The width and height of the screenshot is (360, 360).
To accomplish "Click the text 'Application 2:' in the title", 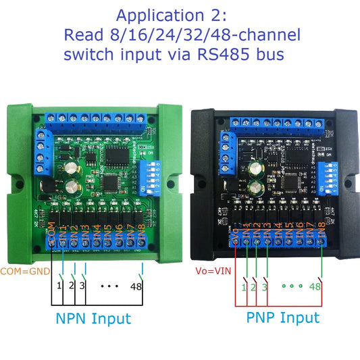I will [x=179, y=15].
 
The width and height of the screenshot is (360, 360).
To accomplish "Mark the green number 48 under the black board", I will [x=314, y=286].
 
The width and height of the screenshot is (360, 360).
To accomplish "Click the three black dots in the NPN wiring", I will [x=109, y=286].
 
